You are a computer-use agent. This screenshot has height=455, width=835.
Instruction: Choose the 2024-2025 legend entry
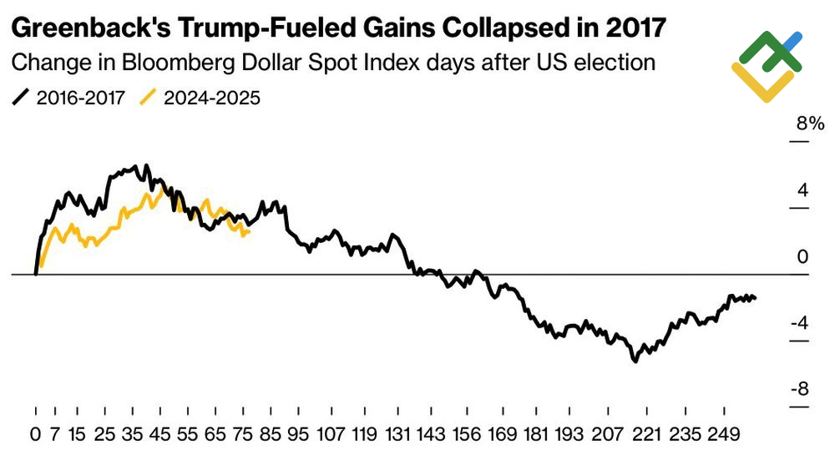[200, 98]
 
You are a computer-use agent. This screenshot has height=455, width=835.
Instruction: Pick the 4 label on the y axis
[802, 190]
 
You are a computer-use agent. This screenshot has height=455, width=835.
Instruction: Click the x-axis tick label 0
[35, 434]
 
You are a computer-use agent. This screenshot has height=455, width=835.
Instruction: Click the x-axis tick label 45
[164, 434]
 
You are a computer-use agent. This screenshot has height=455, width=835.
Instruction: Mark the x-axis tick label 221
[639, 434]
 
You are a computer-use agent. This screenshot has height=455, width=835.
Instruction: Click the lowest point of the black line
[635, 361]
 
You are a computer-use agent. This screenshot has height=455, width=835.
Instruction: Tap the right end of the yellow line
[250, 232]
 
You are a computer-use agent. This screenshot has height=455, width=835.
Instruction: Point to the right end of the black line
[756, 298]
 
